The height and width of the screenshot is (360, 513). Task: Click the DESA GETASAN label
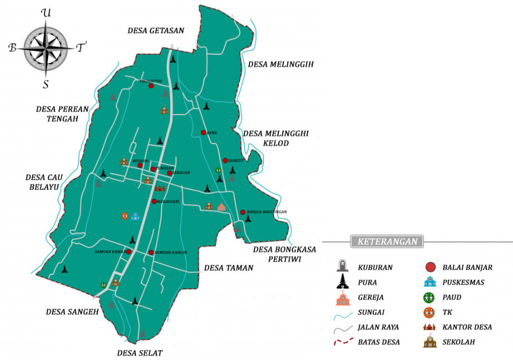155,31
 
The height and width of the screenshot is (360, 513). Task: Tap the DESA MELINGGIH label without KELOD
281,65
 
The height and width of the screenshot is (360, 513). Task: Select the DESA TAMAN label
229,268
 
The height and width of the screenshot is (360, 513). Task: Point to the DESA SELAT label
140,353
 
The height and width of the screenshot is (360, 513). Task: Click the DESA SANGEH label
72,312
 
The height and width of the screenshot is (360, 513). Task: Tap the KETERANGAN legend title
387,242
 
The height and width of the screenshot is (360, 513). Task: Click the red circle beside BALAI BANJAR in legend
430,268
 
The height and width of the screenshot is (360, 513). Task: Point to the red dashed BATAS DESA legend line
343,342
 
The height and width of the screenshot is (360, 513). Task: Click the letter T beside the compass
81,48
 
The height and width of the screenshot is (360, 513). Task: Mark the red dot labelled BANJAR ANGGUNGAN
242,212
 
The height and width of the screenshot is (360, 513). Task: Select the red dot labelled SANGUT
225,161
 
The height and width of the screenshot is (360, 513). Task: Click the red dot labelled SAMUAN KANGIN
151,252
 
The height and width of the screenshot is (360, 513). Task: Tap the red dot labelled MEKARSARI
155,202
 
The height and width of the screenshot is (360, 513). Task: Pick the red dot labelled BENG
203,133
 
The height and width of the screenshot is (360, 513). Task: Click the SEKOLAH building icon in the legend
430,342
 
